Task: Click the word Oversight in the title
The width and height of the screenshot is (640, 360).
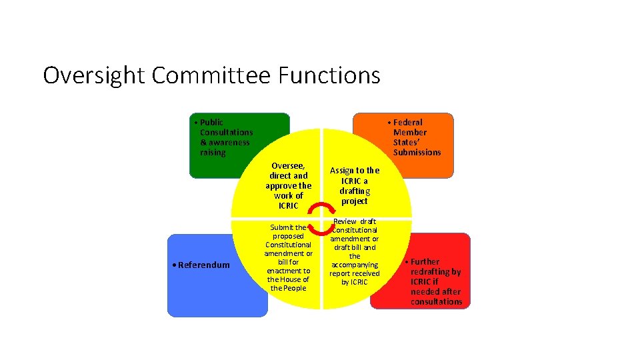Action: [95, 75]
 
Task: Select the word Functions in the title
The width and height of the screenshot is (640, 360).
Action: [329, 75]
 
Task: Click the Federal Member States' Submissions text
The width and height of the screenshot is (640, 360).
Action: [417, 137]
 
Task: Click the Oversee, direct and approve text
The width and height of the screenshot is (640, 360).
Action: [288, 185]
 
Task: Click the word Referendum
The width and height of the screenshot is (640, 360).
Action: [203, 265]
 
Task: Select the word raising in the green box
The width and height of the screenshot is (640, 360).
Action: [213, 153]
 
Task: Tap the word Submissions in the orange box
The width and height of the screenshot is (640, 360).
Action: [417, 153]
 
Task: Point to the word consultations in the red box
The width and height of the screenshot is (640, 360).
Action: [436, 302]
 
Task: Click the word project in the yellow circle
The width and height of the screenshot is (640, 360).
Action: [354, 201]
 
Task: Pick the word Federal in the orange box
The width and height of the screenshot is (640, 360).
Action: [407, 123]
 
